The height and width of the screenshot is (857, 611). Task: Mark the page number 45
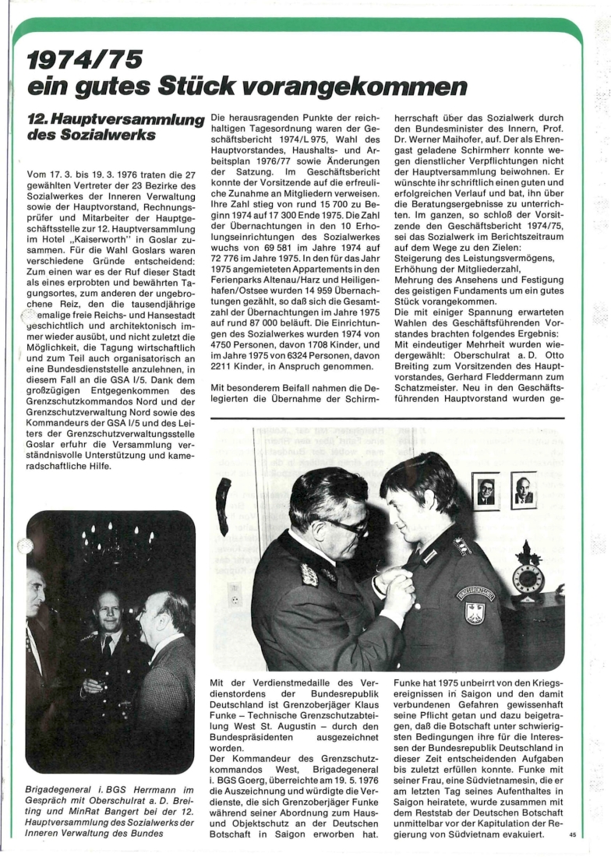(573, 835)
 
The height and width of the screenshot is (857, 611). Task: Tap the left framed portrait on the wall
(485, 492)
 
